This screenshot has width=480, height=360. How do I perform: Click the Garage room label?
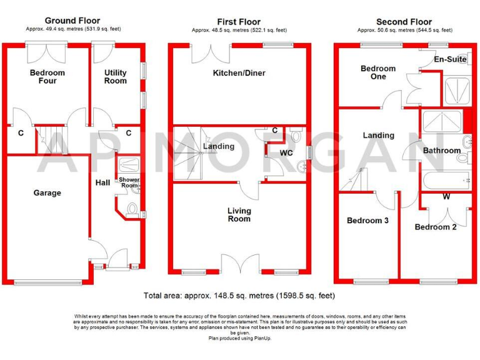click(x=47, y=193)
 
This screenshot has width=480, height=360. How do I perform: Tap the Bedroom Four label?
click(x=47, y=77)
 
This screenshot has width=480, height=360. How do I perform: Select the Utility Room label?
click(x=115, y=77)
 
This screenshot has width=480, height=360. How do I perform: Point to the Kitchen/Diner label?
click(x=239, y=73)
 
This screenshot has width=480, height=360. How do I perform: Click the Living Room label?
click(x=239, y=214)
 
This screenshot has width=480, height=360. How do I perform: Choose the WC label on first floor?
click(x=286, y=152)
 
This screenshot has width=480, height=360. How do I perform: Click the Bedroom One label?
click(x=378, y=72)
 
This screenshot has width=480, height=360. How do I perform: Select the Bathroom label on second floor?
click(x=441, y=151)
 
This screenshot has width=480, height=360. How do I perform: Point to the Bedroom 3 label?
click(x=368, y=221)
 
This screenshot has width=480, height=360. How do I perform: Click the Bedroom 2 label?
click(x=436, y=227)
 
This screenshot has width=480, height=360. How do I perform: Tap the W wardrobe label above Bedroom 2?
click(x=446, y=197)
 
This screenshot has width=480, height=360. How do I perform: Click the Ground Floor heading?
click(x=72, y=21)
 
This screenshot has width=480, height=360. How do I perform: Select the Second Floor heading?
click(x=404, y=21)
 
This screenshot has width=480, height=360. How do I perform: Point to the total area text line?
click(x=239, y=296)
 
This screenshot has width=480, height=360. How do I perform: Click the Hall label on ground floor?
click(x=102, y=183)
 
